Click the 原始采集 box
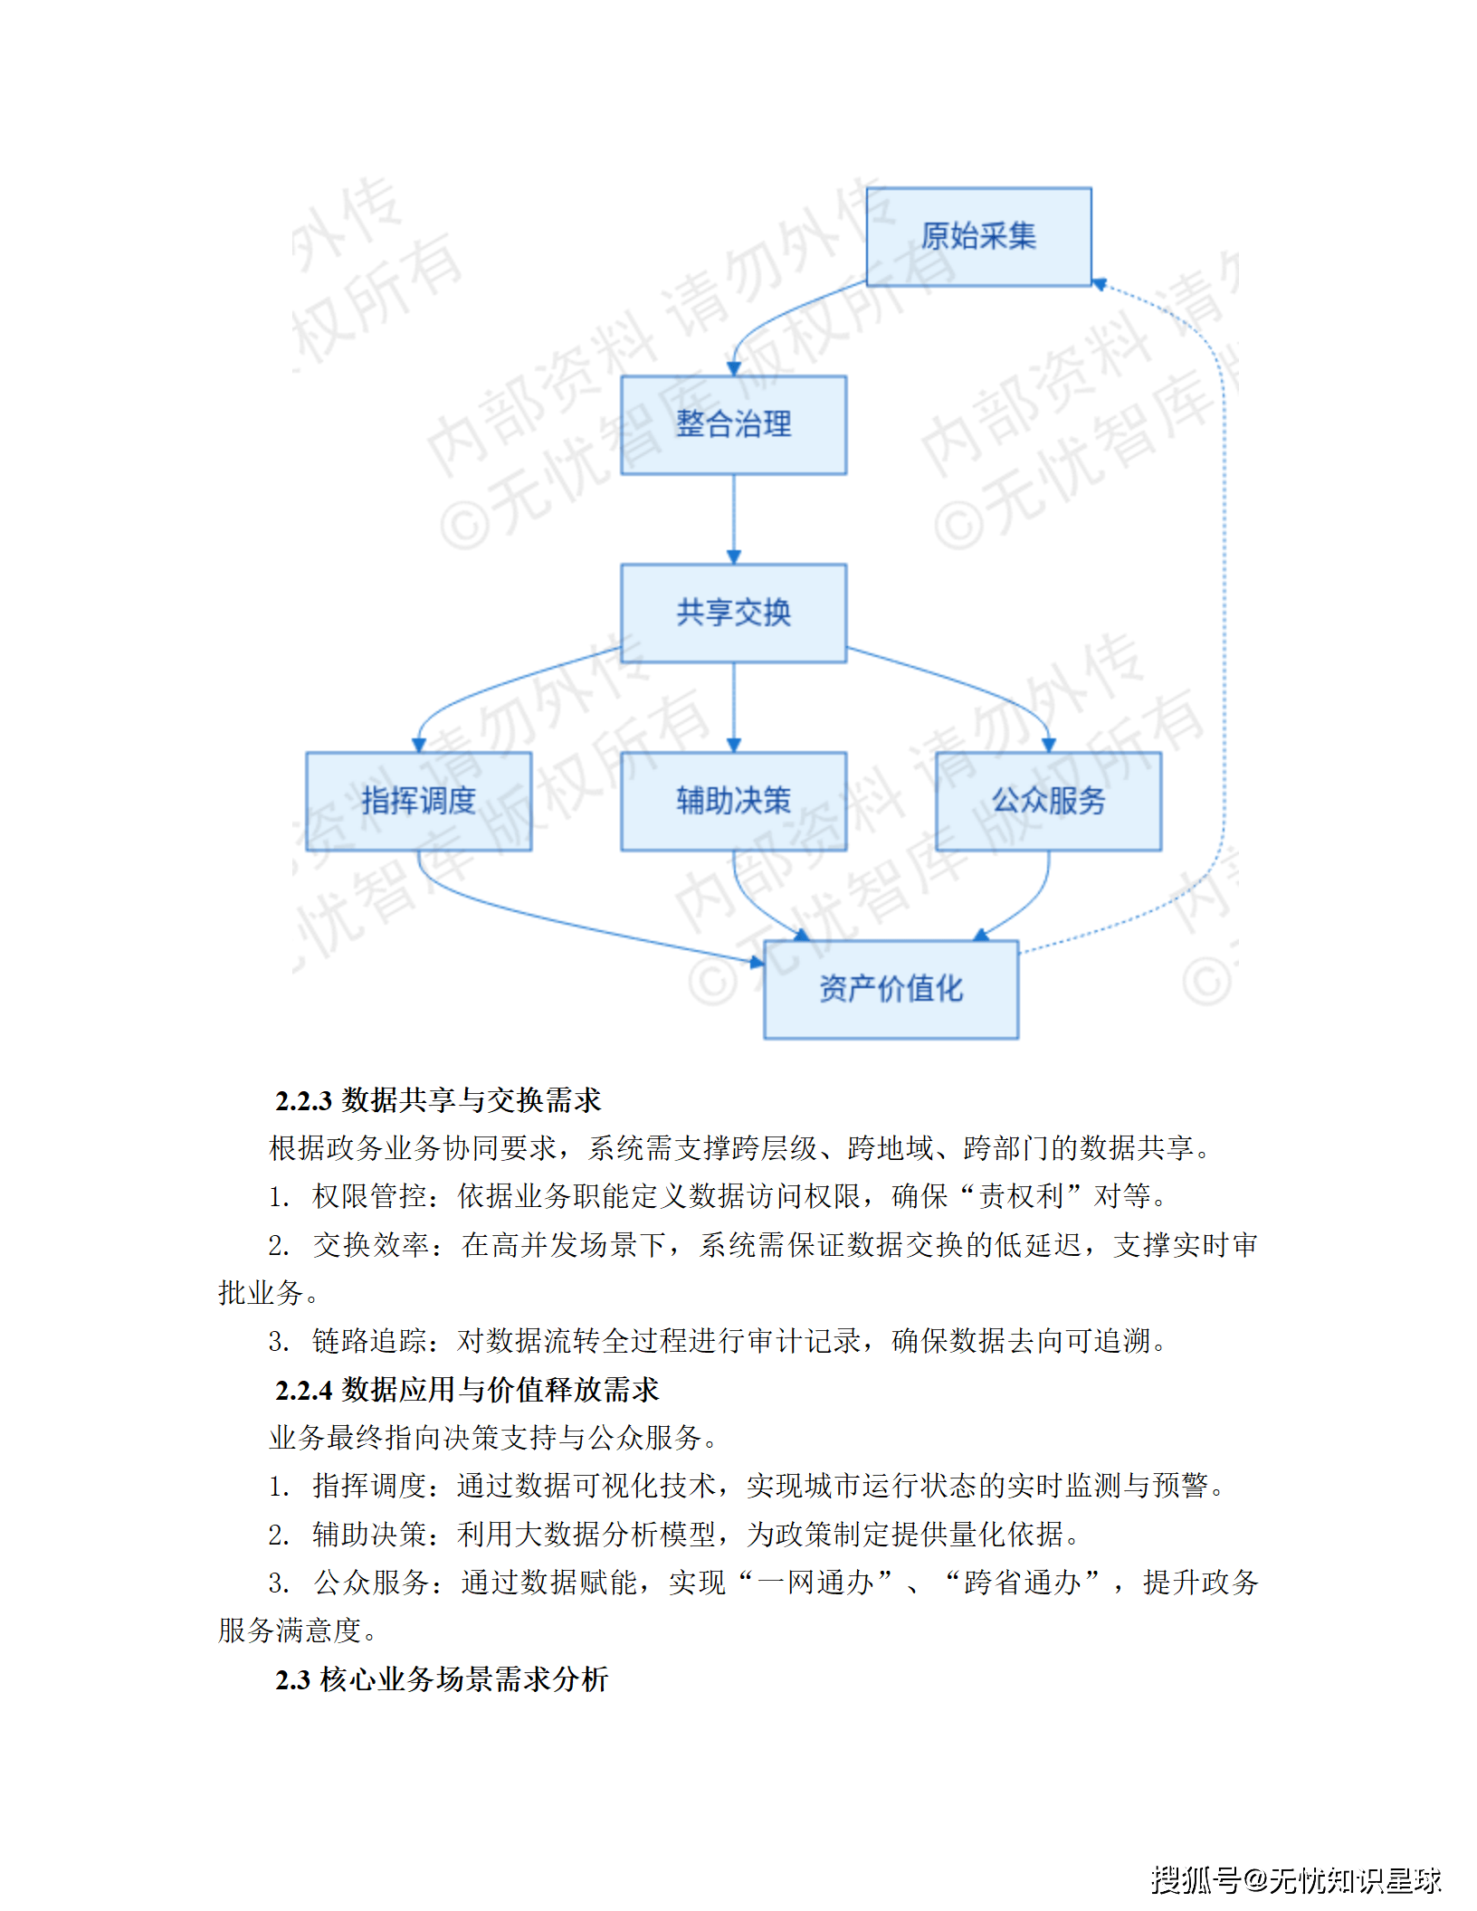978,237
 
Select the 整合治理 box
733,424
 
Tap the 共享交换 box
733,613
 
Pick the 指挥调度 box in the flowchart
418,801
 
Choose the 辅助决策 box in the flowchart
733,801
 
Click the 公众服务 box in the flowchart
1048,801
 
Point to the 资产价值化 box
891,989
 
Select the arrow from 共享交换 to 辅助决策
734,706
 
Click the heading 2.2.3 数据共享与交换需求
438,1100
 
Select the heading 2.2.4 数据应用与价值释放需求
467,1390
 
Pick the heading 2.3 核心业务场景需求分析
442,1679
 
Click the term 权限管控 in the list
369,1196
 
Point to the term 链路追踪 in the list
369,1341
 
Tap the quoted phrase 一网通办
816,1583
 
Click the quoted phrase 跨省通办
1022,1583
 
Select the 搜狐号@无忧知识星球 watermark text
1296,1880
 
